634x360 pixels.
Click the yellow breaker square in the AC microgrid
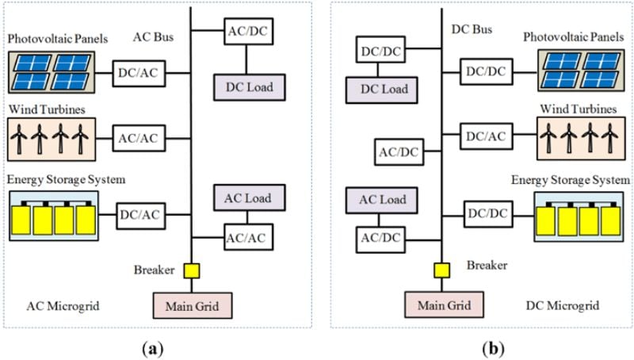point(192,271)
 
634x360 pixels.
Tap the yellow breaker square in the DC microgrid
point(442,270)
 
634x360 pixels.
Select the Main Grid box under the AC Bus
point(193,305)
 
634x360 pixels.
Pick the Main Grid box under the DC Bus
point(445,304)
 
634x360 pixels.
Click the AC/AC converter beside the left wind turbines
point(139,138)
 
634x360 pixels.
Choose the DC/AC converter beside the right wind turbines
point(486,136)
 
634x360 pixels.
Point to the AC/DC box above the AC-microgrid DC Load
point(249,31)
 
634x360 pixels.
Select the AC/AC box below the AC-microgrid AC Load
point(249,237)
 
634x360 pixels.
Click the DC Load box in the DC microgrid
point(382,90)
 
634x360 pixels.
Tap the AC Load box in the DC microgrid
point(382,201)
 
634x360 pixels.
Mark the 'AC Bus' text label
point(153,36)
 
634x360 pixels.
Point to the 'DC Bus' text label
point(472,29)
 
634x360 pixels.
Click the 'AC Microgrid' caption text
point(63,306)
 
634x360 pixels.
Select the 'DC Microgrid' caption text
point(563,305)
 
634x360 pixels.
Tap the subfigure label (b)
point(493,348)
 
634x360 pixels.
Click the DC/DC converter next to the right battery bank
point(488,213)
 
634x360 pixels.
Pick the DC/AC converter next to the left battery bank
point(141,215)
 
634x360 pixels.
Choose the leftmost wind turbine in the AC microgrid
point(18,139)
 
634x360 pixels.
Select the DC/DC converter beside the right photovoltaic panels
point(486,71)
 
